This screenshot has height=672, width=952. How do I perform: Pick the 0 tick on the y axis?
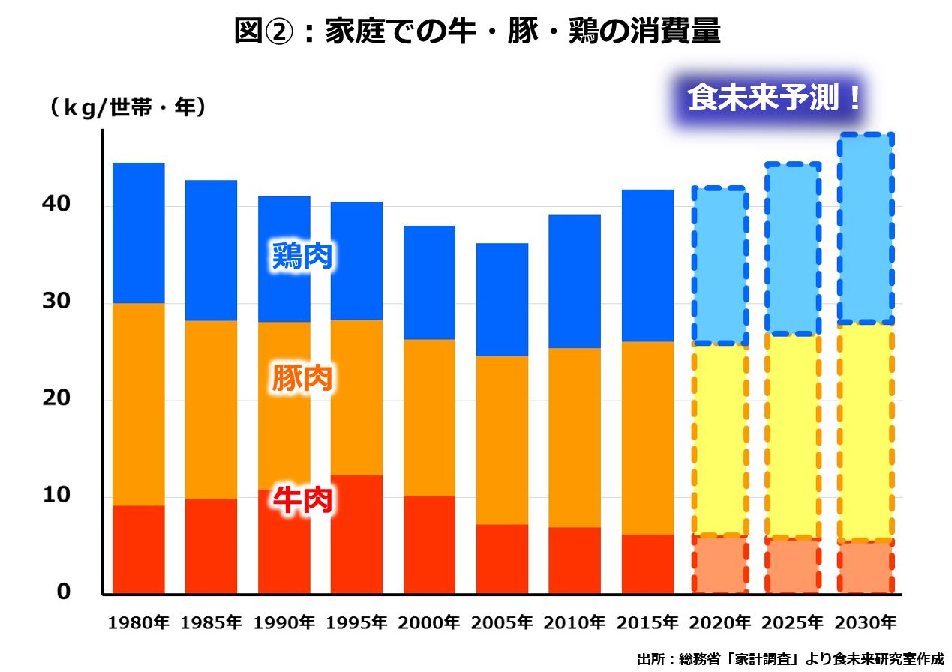(x=63, y=592)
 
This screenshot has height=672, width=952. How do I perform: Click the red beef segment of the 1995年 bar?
(x=356, y=534)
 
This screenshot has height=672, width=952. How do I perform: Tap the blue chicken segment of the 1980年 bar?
(x=138, y=232)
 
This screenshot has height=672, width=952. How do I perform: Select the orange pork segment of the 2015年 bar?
(x=647, y=438)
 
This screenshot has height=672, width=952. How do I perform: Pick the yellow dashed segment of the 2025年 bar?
(x=792, y=436)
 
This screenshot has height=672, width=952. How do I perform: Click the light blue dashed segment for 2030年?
(x=865, y=229)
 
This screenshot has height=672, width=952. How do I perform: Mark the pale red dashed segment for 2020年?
(x=719, y=565)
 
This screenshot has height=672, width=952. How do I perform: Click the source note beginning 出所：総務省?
(x=790, y=660)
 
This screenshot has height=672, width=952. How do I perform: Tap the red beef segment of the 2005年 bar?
(x=502, y=559)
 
